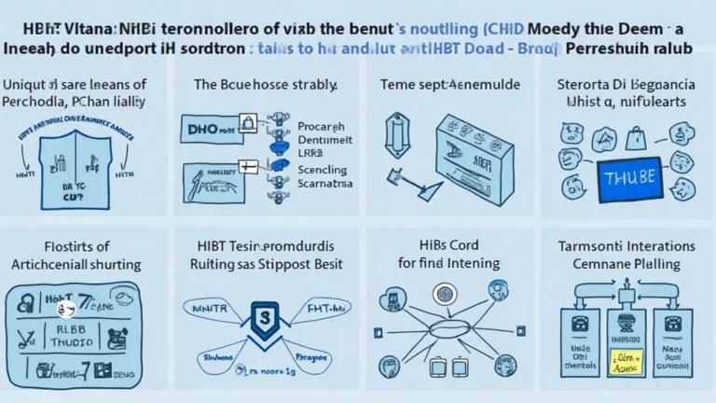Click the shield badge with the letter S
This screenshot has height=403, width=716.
(x=264, y=320)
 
